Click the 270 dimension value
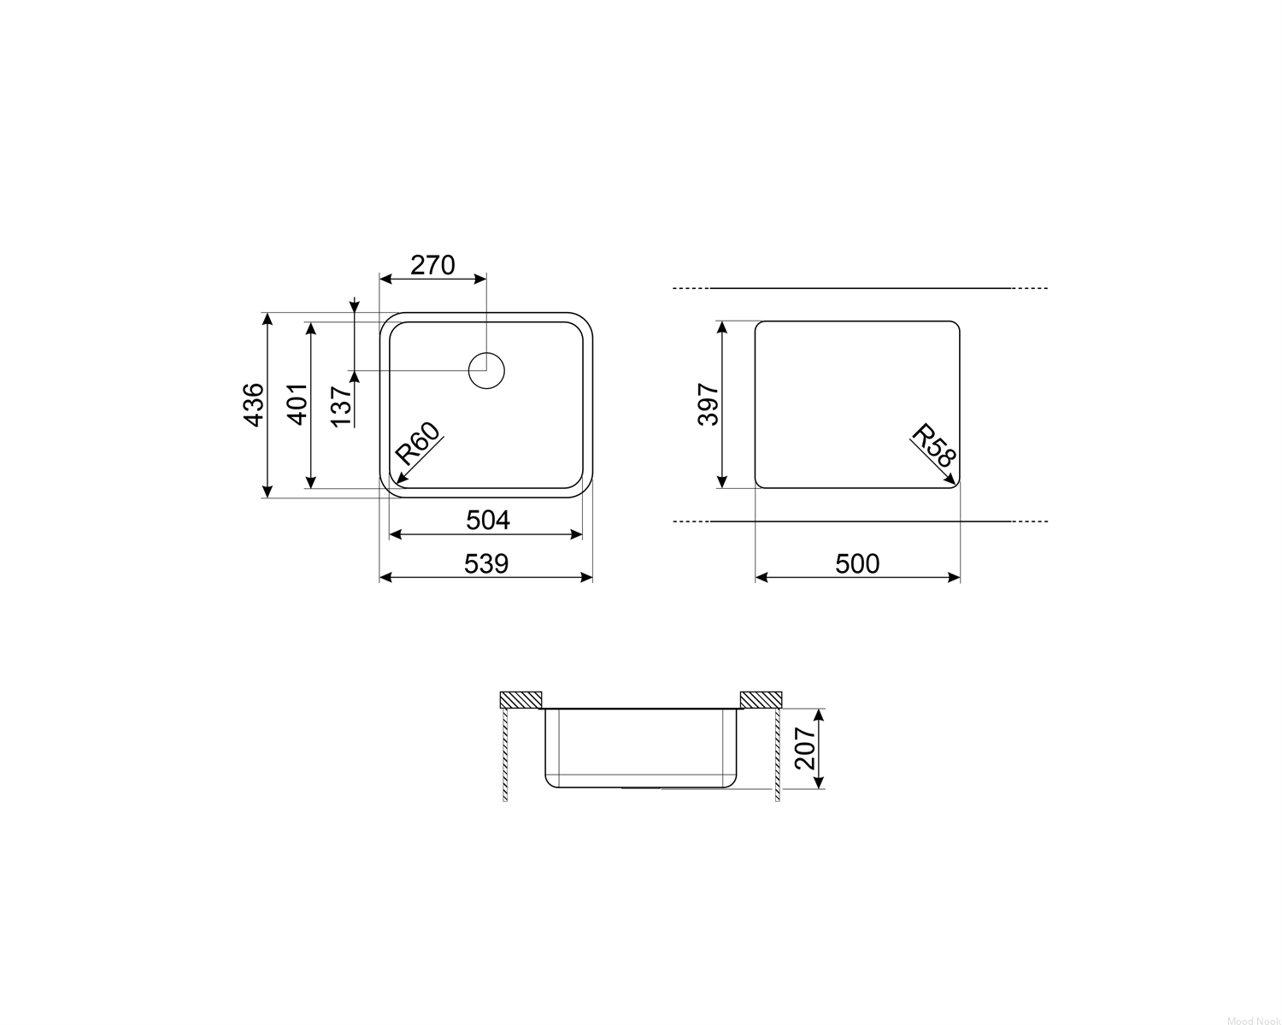point(432,265)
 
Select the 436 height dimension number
point(254,405)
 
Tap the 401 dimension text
point(298,404)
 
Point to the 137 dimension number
point(341,406)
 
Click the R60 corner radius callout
point(418,444)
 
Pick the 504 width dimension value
point(488,521)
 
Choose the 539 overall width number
point(486,563)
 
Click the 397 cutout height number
point(709,404)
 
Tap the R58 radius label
point(934,445)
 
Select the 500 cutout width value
point(857,563)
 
